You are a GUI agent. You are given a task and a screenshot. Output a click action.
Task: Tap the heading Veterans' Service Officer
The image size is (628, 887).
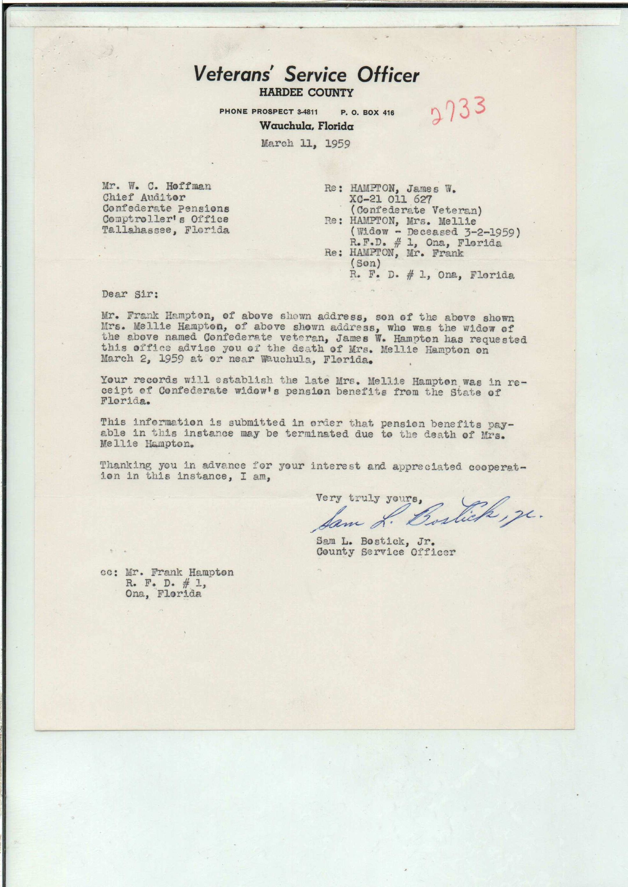pos(306,74)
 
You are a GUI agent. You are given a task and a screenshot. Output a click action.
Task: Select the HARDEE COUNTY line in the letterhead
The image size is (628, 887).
pos(306,93)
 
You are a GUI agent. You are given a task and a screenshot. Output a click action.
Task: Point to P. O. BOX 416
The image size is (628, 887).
pos(367,113)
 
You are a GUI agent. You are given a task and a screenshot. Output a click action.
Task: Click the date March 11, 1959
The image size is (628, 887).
pos(305,144)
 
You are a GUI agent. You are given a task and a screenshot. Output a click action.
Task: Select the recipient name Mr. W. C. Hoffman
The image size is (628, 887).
pos(157,187)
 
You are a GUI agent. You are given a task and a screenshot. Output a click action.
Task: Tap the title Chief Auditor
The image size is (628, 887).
pos(144,197)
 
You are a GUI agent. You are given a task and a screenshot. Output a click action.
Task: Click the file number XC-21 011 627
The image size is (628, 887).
pos(390,200)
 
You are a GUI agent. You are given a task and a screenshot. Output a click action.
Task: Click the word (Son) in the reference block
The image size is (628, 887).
pos(365,264)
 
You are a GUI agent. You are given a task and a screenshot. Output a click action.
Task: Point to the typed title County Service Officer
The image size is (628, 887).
pos(386,552)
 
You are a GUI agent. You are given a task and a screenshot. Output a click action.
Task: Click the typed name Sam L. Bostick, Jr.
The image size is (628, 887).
pos(375,541)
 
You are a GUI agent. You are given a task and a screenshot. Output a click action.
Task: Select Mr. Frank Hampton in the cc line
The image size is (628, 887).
pos(180,572)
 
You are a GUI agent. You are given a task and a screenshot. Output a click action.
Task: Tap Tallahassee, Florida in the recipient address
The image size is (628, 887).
pos(166,230)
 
